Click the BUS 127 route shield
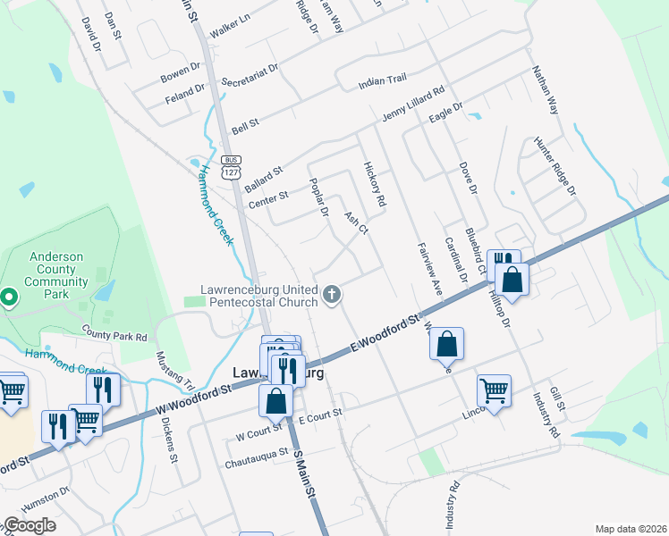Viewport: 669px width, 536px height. pos(233,167)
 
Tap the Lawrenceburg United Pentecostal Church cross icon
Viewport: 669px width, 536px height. pos(333,294)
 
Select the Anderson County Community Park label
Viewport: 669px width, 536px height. pos(55,271)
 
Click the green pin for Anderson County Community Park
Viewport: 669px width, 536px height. pos(8,297)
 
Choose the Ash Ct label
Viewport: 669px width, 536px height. pos(356,222)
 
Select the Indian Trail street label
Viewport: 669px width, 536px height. pos(382,81)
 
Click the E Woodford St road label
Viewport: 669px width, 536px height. pos(385,332)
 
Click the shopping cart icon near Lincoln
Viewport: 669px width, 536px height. pos(495,390)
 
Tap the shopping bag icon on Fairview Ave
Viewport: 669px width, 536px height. pos(446,344)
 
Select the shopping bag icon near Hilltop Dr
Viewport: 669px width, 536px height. pos(512,280)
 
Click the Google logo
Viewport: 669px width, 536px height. pos(30,525)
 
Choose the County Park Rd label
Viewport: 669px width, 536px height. pos(114,337)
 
